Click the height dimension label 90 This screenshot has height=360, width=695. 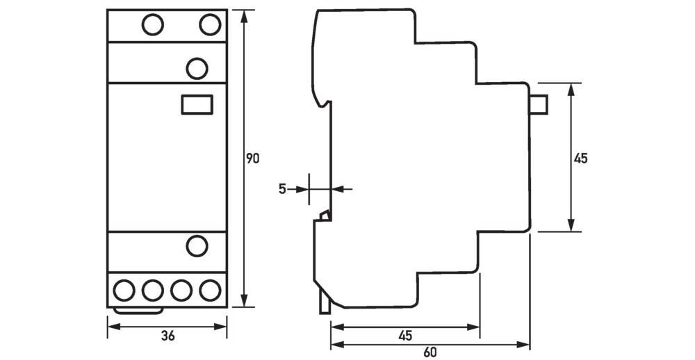tap(253, 159)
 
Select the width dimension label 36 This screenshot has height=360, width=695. tap(167, 336)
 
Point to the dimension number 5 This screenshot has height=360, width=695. tap(281, 188)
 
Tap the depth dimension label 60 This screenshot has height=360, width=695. tap(430, 352)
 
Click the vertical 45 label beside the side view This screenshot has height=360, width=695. tap(581, 158)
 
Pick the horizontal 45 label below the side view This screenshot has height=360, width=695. tap(405, 335)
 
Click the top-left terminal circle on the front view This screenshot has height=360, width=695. tap(152, 26)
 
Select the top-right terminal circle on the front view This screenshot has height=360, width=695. tap(210, 26)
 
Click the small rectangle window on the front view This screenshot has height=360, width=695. tap(196, 104)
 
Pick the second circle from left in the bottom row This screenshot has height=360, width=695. tap(153, 289)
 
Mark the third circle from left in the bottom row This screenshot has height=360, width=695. tap(181, 289)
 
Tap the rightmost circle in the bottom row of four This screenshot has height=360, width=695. tap(208, 289)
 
